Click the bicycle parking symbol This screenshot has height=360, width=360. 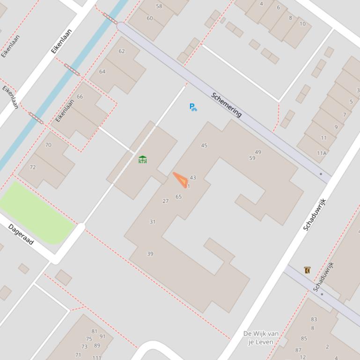click(193, 107)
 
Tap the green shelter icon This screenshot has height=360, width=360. click(143, 159)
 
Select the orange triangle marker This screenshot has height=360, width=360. click(181, 180)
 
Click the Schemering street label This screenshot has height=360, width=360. click(227, 105)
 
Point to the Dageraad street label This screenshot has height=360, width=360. click(21, 234)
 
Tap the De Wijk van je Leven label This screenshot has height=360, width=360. click(261, 337)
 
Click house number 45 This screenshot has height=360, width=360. click(204, 145)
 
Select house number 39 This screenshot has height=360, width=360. click(150, 254)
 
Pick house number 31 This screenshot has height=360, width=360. click(152, 222)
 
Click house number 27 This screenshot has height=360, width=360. click(165, 201)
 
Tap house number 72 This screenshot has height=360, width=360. click(33, 167)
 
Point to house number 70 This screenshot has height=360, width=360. click(48, 145)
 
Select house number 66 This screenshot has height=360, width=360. click(80, 97)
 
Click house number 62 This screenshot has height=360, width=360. click(122, 51)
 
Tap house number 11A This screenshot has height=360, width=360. click(322, 153)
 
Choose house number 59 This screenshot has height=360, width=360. click(252, 158)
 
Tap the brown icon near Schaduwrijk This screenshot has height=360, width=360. click(307, 270)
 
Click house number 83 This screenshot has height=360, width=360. click(314, 319)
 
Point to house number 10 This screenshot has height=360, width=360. click(302, 24)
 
